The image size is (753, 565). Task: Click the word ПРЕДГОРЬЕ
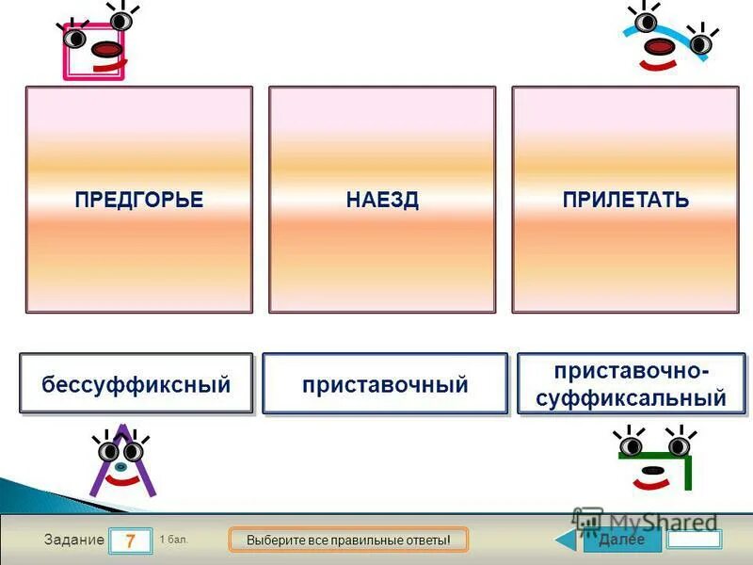point(138,200)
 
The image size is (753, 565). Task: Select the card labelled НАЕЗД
point(381,200)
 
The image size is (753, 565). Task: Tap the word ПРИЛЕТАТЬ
point(625,200)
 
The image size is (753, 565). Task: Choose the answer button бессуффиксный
point(136,384)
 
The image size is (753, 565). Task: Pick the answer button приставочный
point(384,384)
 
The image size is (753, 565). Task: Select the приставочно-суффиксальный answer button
point(631,384)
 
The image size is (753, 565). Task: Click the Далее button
point(621,540)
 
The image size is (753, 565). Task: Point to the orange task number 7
point(130,541)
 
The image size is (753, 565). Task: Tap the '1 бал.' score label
point(174,539)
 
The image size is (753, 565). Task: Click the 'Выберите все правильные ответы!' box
point(348,540)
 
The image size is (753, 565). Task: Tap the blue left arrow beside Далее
point(568,540)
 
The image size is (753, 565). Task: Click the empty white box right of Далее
point(694,540)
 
